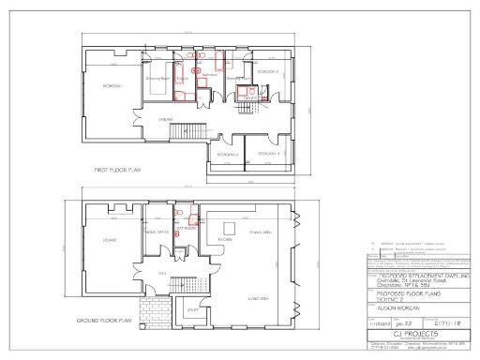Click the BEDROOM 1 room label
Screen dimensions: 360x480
tap(113, 85)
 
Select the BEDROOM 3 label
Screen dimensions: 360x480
tap(269, 153)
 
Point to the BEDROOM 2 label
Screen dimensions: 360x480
tap(269, 71)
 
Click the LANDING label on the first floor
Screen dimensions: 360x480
tap(164, 120)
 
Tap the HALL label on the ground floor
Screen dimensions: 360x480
tap(161, 273)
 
